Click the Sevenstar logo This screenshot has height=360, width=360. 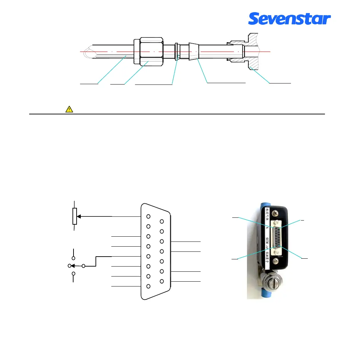pos(289,19)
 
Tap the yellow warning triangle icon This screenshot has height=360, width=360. pos(69,109)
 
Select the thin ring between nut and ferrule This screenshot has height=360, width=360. pos(177,52)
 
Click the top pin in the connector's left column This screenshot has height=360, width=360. pos(148,216)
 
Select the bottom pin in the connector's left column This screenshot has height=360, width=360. pos(148,286)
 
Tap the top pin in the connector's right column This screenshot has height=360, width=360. pos(162,222)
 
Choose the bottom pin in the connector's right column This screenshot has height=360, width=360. pos(162,281)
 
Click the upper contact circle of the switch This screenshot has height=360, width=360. pos(73,258)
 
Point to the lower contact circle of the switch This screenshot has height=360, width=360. pos(73,274)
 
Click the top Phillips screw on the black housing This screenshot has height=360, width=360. pos(275,213)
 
